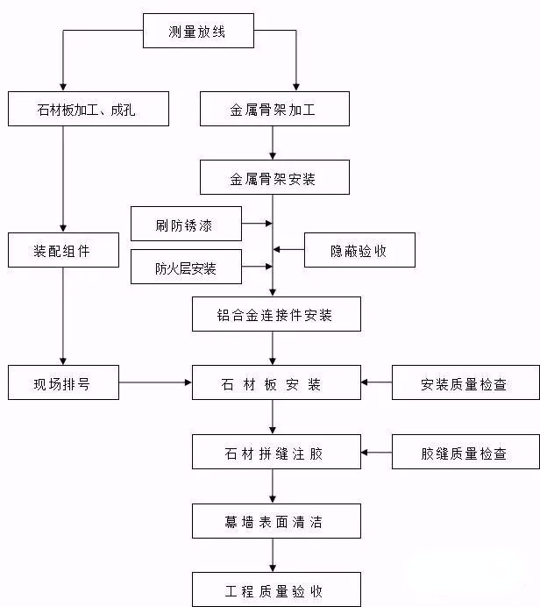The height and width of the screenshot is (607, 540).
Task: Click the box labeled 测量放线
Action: tap(197, 32)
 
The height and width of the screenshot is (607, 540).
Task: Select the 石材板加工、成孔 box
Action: tap(88, 109)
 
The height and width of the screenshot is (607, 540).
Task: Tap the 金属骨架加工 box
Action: tap(275, 109)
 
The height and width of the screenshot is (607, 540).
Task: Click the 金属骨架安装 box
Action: tap(275, 177)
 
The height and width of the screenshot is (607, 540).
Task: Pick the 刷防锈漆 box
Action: tap(186, 224)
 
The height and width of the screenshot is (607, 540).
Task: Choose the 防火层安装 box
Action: tap(186, 268)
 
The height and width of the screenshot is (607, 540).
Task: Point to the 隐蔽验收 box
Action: tap(359, 250)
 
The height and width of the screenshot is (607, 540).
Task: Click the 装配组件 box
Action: tap(62, 250)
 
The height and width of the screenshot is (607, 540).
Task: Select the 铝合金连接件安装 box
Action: tap(275, 314)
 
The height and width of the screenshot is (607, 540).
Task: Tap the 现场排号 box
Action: tap(62, 382)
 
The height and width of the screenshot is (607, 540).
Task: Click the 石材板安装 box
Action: tap(275, 382)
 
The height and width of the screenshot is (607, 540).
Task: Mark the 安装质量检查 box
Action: tap(463, 382)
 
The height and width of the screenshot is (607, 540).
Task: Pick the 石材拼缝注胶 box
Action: tap(275, 453)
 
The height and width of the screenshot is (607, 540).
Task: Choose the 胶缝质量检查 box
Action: tap(463, 453)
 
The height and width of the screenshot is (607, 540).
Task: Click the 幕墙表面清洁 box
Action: tap(275, 521)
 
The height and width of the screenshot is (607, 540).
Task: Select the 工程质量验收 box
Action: tap(275, 589)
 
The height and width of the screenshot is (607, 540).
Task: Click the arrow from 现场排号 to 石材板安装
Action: tap(155, 382)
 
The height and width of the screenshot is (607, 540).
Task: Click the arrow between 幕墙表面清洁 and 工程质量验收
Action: tap(274, 555)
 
